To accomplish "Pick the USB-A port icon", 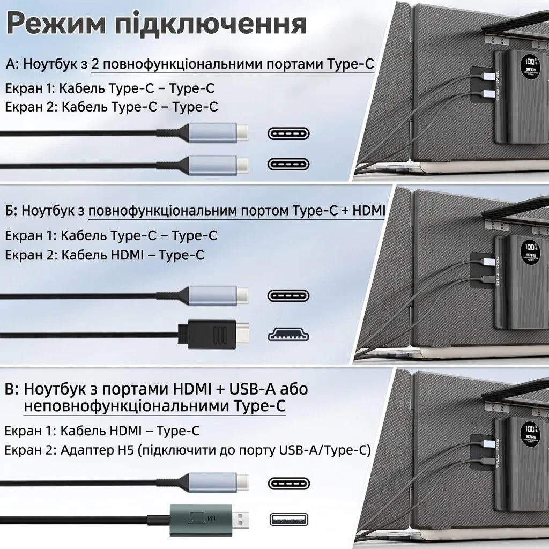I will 289,519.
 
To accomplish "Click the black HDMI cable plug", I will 212,333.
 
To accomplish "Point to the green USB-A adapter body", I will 201,518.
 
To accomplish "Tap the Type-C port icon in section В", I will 289,481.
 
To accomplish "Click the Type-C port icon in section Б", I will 289,295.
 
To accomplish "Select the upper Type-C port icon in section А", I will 289,133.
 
